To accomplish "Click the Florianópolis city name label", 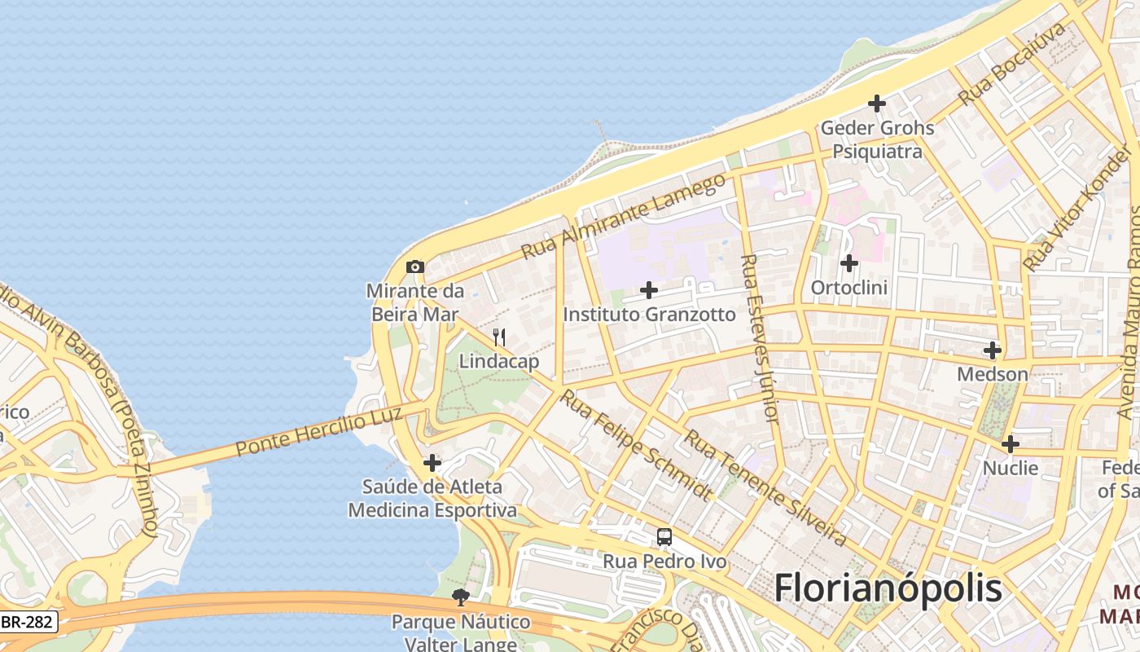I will point(888,587).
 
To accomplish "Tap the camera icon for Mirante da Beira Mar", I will point(415,267).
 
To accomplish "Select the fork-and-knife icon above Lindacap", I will point(499,337).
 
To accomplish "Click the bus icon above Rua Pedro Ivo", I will point(664,537).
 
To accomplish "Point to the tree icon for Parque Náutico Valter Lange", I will point(461,597).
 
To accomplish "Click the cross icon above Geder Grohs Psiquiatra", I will point(877,104).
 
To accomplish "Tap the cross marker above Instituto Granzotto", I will point(649,290).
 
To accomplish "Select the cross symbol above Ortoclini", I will point(849,263).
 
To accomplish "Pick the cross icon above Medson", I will point(993,350).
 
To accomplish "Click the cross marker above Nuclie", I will point(1011,444).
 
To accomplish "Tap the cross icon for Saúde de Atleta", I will point(432,463).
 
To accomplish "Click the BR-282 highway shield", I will point(26,623).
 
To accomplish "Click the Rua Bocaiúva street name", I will point(1012,64).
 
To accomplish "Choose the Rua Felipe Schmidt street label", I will point(636,444).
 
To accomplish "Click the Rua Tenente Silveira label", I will point(765,487).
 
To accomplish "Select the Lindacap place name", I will point(499,361).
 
